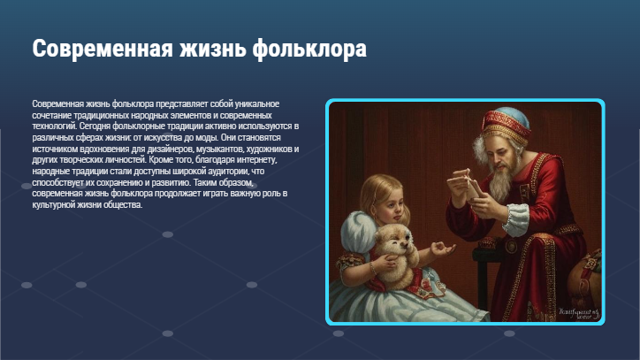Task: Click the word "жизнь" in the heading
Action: point(209,48)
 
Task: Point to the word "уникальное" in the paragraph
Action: point(255,104)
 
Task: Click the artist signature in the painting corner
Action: point(576,312)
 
